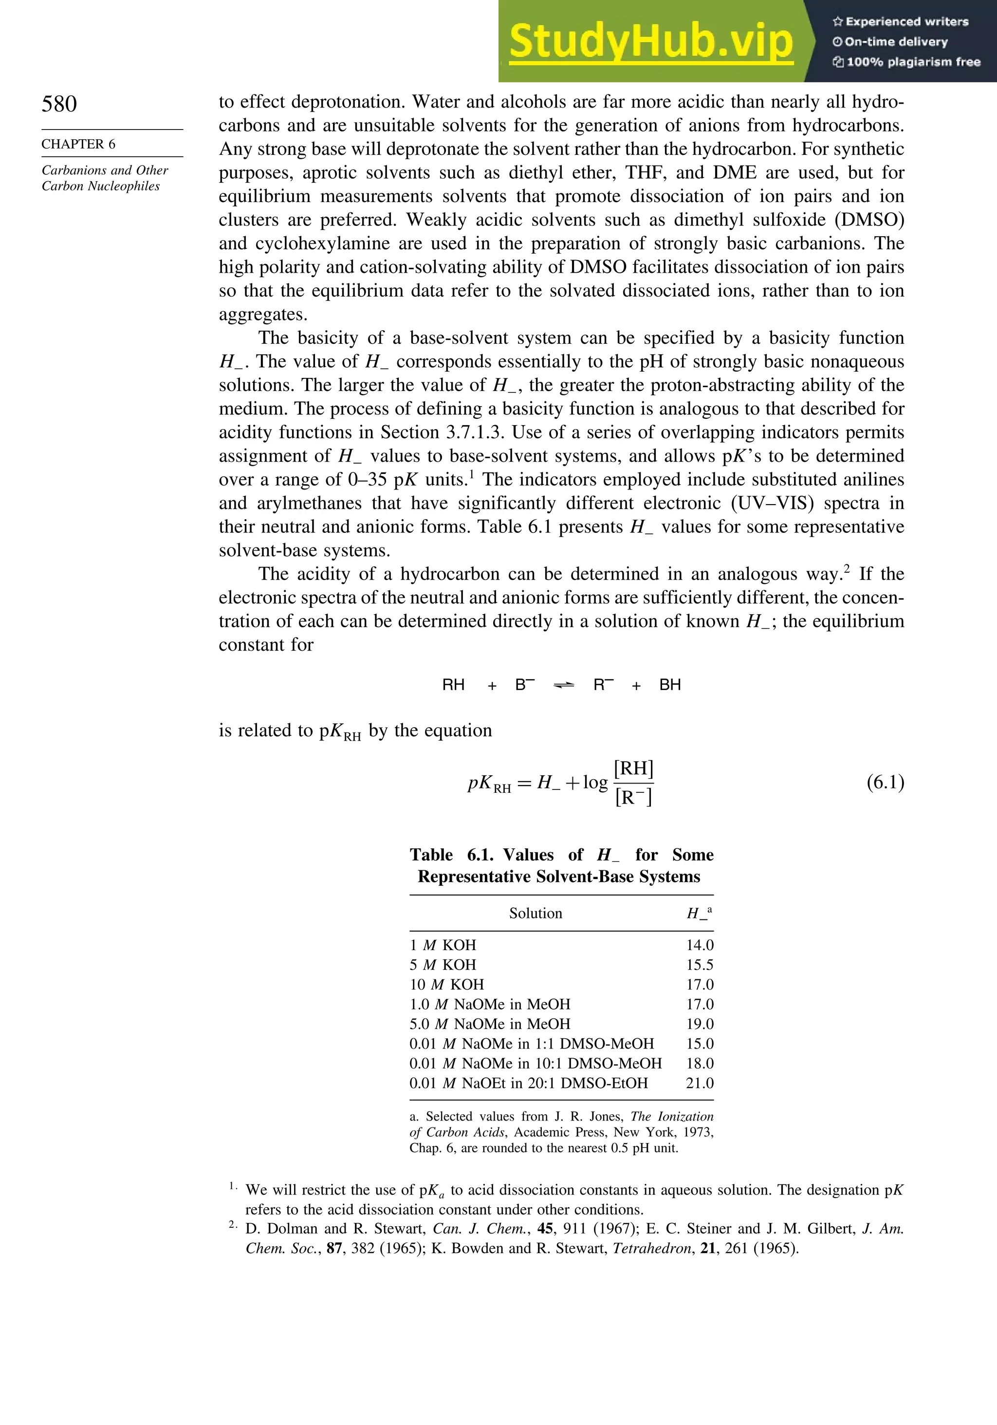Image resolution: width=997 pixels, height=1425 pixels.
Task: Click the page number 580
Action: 59,104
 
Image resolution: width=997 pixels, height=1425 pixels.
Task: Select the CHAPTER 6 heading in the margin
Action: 78,144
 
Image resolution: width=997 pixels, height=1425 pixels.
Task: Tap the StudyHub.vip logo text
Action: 651,41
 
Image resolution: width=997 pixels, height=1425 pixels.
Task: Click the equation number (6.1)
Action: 886,782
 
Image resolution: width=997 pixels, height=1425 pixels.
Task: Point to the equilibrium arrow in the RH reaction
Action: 563,685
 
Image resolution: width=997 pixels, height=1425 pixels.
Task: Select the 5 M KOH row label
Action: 443,965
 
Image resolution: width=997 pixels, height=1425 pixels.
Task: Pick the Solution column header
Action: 535,913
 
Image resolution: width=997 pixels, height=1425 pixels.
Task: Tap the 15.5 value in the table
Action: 700,965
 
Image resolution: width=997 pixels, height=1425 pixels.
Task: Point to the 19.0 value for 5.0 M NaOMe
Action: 700,1024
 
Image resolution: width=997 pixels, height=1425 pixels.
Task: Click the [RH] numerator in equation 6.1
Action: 633,769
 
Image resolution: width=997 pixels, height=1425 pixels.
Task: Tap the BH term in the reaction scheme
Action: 670,685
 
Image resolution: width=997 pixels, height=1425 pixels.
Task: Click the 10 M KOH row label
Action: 447,984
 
